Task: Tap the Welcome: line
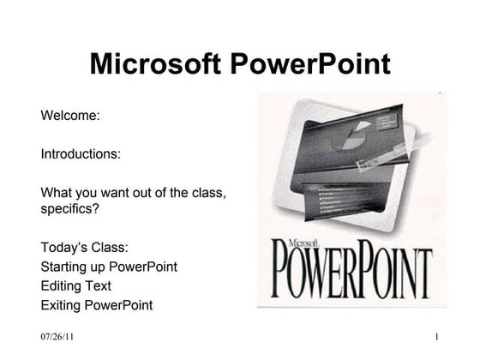(x=71, y=115)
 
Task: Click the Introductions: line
(x=81, y=155)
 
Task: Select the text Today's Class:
(x=84, y=248)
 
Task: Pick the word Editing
(x=61, y=285)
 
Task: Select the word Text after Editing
(x=99, y=285)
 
